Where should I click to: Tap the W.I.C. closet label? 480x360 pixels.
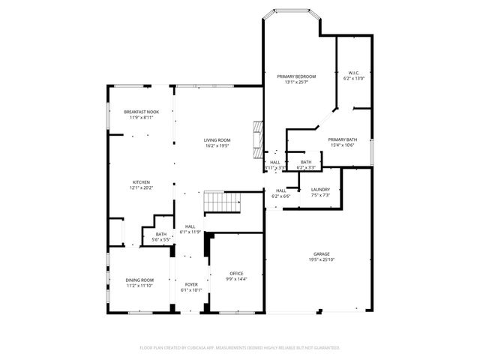(355, 73)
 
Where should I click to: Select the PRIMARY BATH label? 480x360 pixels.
(342, 139)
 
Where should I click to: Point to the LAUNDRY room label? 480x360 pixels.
(321, 190)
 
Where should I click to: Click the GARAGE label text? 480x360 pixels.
(322, 254)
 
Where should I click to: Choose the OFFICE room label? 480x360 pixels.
(236, 272)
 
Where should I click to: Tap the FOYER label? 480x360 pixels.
(191, 285)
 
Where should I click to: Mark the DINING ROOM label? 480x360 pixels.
(139, 280)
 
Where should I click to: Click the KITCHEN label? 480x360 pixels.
(142, 182)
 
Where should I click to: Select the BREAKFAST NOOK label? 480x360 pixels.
(142, 112)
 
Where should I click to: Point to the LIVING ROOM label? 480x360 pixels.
(217, 140)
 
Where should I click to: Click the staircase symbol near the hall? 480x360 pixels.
(221, 202)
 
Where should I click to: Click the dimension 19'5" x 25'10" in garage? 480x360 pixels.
(322, 259)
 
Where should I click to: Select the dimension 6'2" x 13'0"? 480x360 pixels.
(355, 79)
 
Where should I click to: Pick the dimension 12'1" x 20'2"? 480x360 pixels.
(142, 187)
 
